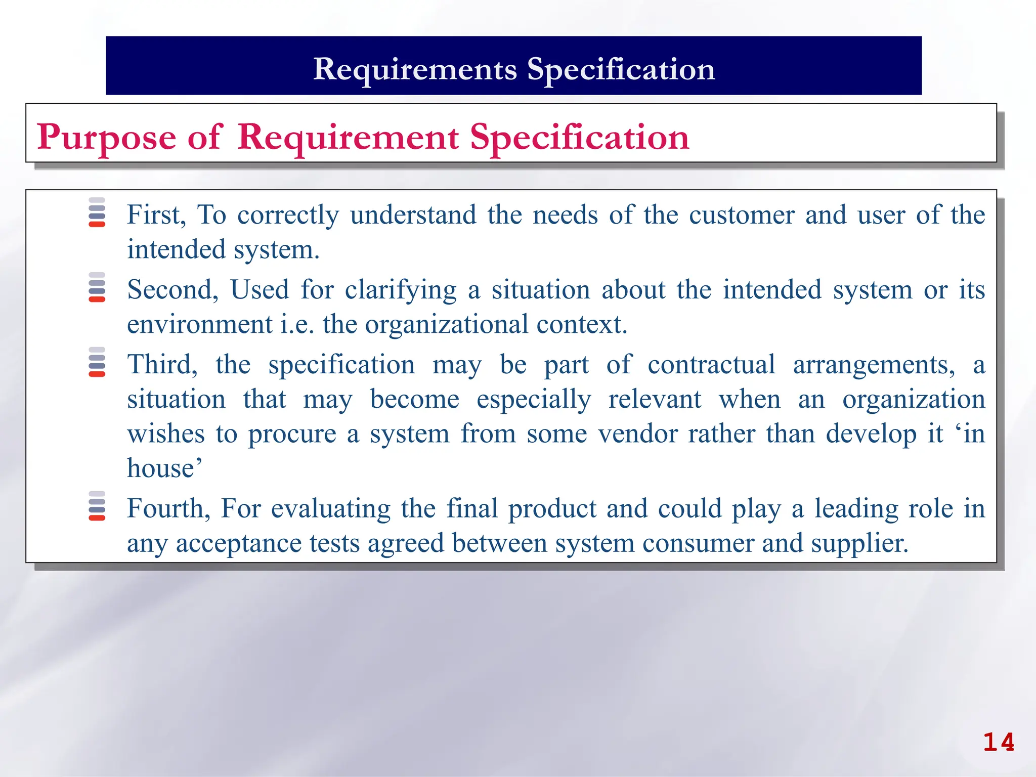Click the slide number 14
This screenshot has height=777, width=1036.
click(999, 743)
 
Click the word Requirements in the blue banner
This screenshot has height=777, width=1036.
click(415, 69)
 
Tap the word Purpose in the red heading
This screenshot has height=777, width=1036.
click(106, 138)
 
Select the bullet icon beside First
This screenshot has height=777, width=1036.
click(97, 212)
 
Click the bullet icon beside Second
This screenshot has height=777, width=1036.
click(97, 287)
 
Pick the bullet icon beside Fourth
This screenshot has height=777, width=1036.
click(97, 506)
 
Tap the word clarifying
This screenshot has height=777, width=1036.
click(401, 290)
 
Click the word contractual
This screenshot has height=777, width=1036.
click(711, 365)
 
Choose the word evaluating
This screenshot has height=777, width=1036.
click(331, 509)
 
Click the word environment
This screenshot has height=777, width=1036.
click(200, 324)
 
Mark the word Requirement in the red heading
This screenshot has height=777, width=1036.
click(348, 138)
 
